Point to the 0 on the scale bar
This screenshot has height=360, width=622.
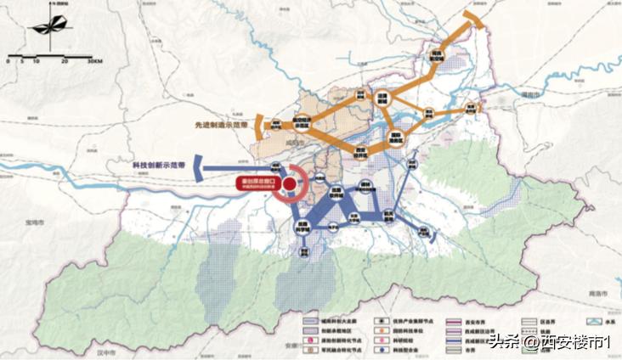(8, 61)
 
